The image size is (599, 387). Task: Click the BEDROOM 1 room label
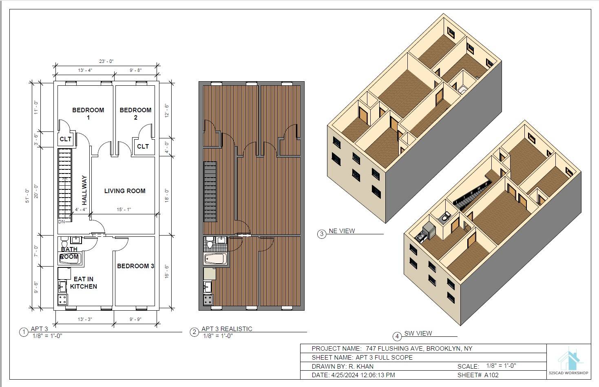(x=88, y=113)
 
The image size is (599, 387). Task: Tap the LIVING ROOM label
(x=125, y=191)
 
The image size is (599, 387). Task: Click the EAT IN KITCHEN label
(x=84, y=282)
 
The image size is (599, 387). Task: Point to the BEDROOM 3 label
(x=135, y=266)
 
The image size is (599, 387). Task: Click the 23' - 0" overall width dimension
(x=106, y=61)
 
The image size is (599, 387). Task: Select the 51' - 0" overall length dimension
(x=27, y=196)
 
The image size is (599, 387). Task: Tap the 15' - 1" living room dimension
(x=124, y=209)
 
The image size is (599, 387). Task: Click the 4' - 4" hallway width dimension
(x=81, y=209)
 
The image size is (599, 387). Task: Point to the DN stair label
(x=62, y=222)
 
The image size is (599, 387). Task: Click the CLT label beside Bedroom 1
(x=66, y=139)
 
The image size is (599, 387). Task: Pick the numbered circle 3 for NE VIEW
(x=322, y=234)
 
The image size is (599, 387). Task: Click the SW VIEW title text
(x=418, y=333)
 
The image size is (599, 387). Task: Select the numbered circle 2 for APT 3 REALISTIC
(x=195, y=332)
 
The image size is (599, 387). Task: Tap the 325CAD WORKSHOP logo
(x=568, y=361)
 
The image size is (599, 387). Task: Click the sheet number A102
(x=491, y=375)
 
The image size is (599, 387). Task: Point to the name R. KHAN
(x=361, y=367)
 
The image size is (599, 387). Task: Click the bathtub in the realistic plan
(x=215, y=258)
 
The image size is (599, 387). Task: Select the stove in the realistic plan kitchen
(x=208, y=300)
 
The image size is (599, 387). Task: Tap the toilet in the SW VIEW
(x=445, y=216)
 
